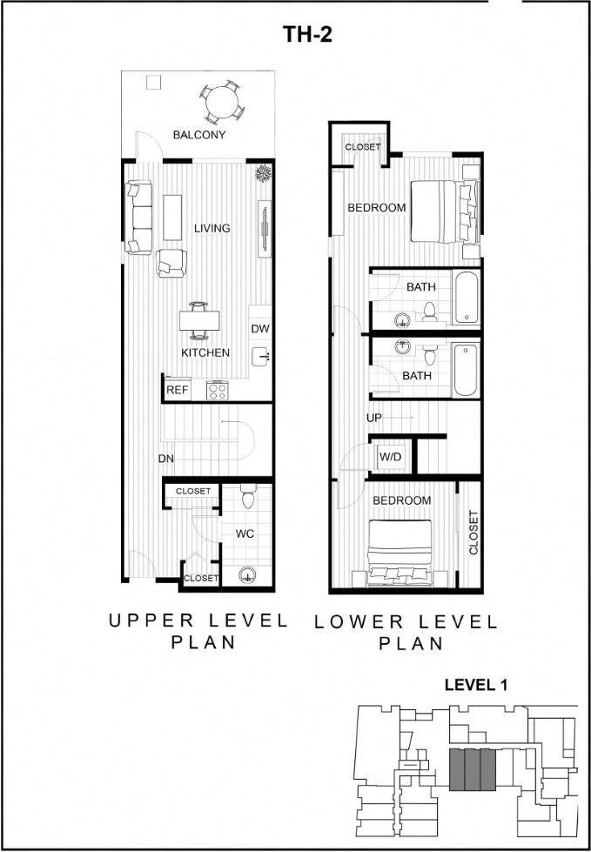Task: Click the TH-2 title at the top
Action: pyautogui.click(x=307, y=35)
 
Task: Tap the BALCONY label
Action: pyautogui.click(x=199, y=135)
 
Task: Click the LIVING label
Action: pyautogui.click(x=212, y=228)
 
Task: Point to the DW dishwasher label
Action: pyautogui.click(x=259, y=329)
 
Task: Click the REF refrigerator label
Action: pyautogui.click(x=178, y=390)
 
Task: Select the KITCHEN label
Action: pyautogui.click(x=205, y=352)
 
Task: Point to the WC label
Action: pyautogui.click(x=245, y=533)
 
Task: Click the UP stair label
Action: pyautogui.click(x=374, y=418)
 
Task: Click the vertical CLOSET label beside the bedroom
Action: pyautogui.click(x=473, y=533)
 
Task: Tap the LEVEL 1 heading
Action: pyautogui.click(x=475, y=685)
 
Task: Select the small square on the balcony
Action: pyautogui.click(x=153, y=83)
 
